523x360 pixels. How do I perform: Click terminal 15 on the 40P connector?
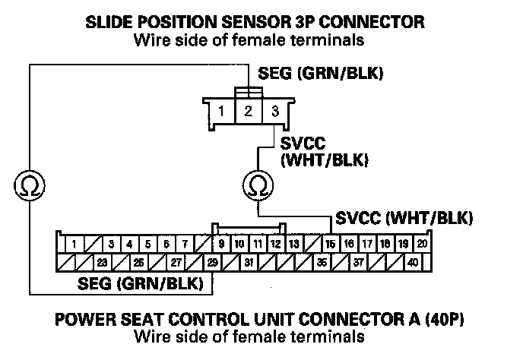tap(330, 245)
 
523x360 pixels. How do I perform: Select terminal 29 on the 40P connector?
tap(213, 263)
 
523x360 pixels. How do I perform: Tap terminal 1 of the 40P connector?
tap(74, 245)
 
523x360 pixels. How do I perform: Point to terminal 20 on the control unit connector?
tap(422, 245)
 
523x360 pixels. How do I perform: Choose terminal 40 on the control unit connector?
tap(413, 263)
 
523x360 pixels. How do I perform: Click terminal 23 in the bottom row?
tap(101, 263)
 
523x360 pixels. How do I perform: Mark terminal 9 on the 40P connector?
tap(220, 245)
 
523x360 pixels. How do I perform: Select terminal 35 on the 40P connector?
tap(322, 263)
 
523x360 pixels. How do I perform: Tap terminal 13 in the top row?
tap(293, 245)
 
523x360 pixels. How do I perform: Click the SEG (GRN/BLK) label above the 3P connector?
tap(320, 74)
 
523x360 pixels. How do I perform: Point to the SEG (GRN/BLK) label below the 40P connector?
tap(143, 284)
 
